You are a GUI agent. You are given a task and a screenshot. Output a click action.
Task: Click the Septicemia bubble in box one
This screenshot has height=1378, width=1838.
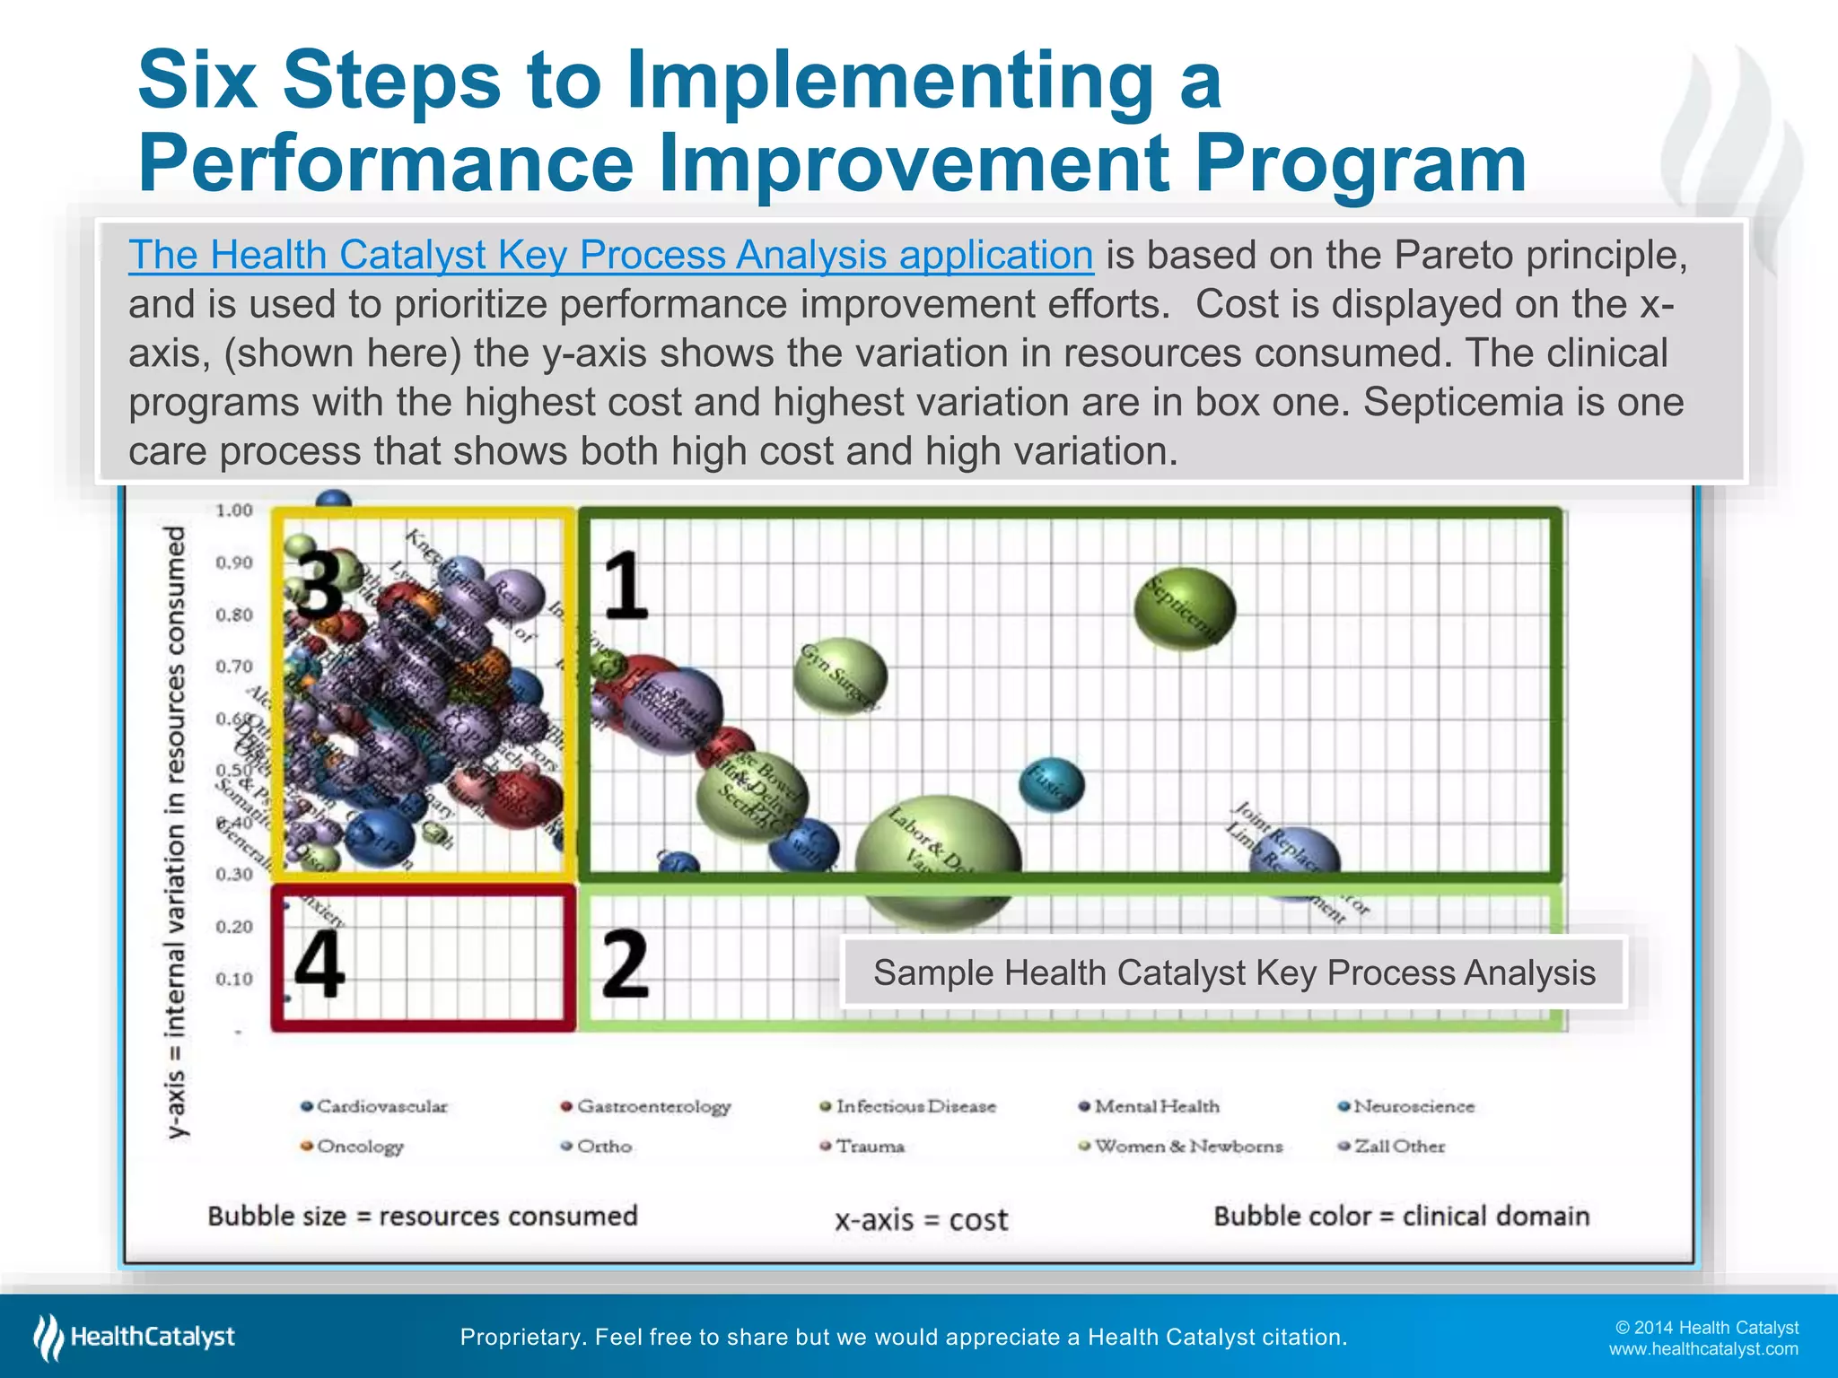1185,609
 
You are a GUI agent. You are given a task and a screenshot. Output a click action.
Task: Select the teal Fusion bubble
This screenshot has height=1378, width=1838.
1052,785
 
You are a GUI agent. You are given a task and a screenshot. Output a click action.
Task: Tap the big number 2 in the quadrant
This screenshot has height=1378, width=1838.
625,964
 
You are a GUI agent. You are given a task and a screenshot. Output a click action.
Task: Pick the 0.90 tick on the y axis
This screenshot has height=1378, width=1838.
234,563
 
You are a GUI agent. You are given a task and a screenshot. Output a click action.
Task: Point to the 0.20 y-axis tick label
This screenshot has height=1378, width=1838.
234,927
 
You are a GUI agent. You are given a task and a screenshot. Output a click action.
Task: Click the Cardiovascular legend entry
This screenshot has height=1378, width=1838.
374,1106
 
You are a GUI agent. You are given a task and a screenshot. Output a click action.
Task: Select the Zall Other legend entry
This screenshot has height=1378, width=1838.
1392,1147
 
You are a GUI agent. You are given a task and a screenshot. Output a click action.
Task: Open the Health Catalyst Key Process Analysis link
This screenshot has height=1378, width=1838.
610,255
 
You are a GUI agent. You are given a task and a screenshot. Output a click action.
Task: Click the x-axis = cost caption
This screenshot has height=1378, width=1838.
922,1220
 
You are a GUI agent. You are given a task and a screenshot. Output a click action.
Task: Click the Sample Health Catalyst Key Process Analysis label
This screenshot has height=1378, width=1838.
1234,972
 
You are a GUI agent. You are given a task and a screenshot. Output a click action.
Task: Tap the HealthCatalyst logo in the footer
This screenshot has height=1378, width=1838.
135,1337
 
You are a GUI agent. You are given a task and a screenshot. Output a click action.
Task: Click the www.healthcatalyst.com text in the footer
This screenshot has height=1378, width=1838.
1702,1349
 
